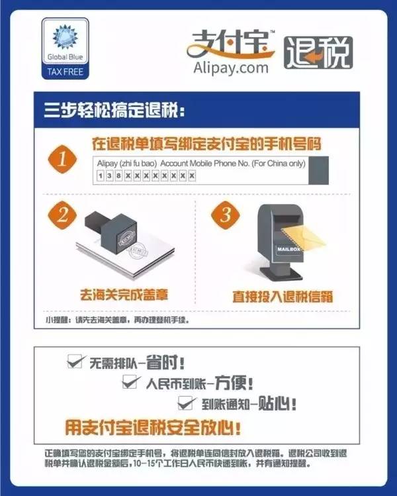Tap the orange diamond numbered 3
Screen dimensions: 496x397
[226, 215]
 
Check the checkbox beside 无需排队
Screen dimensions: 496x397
[75, 361]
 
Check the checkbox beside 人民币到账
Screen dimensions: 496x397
[130, 381]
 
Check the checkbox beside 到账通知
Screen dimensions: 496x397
[185, 402]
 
